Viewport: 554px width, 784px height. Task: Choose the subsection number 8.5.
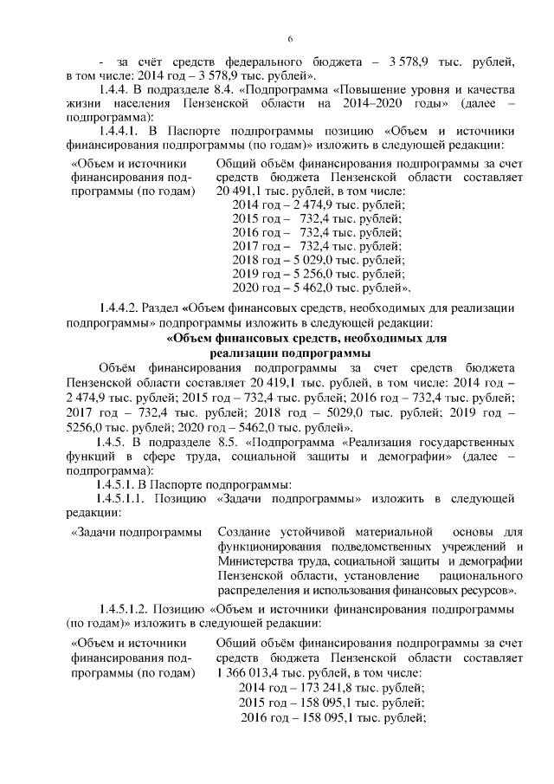click(229, 442)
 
